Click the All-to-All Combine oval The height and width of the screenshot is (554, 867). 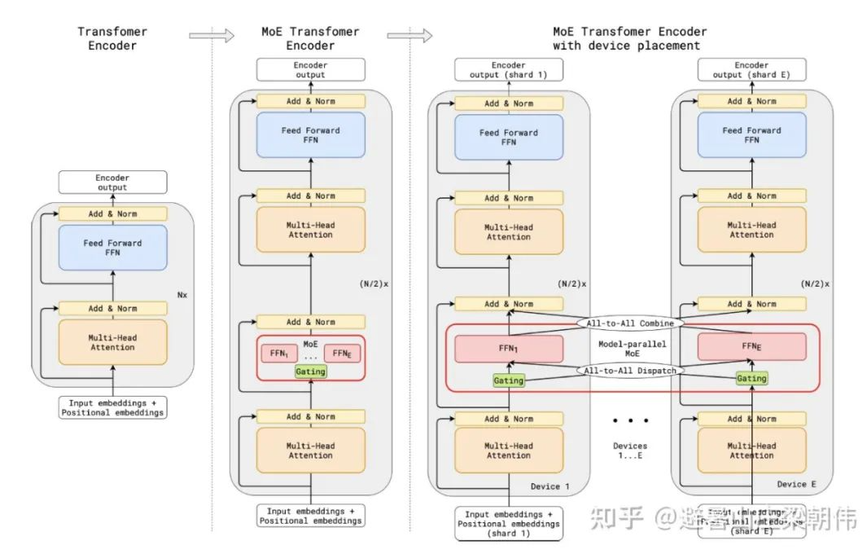pos(630,323)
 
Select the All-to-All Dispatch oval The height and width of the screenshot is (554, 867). pos(631,370)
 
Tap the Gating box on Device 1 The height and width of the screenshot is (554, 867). pos(509,380)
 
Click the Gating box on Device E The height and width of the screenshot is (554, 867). pos(751,378)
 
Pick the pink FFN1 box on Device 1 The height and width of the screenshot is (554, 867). pos(509,349)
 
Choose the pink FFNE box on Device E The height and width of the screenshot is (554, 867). pos(751,346)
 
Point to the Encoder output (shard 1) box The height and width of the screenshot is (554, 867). pos(509,70)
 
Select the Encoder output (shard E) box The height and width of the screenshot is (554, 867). pos(751,70)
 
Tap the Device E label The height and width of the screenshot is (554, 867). pos(791,484)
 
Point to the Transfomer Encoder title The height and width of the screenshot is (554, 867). pos(112,38)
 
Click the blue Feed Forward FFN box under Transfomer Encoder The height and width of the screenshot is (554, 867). pos(112,248)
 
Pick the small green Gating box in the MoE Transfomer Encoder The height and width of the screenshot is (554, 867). pos(310,372)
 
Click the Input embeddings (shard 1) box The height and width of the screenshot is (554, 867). pos(508,524)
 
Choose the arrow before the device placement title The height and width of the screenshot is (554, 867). pos(409,35)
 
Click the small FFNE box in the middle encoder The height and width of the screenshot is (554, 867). pos(342,354)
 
